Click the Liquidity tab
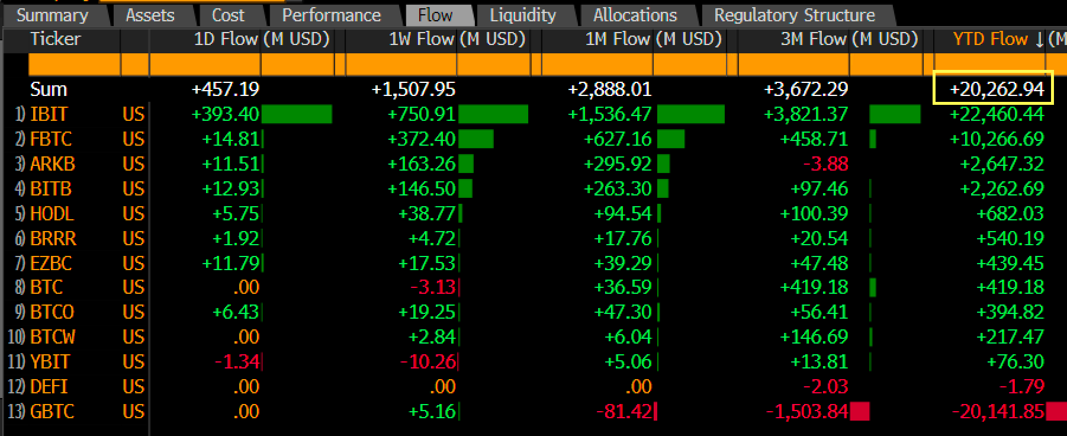(523, 15)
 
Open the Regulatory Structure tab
(794, 15)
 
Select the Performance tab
(331, 15)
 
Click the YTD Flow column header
(990, 39)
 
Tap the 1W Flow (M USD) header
(457, 39)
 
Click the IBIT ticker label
(49, 114)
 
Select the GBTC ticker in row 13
(52, 411)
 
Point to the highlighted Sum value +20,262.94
(997, 89)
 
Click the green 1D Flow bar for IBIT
(297, 114)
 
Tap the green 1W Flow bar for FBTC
(476, 139)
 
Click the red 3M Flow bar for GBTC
(859, 411)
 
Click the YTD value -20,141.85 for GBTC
(998, 411)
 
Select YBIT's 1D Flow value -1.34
(237, 361)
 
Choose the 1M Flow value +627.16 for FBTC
(617, 139)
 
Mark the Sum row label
(49, 89)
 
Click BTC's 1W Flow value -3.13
(433, 287)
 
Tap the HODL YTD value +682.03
(1010, 213)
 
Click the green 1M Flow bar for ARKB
(664, 163)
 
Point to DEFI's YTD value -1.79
(1021, 386)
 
